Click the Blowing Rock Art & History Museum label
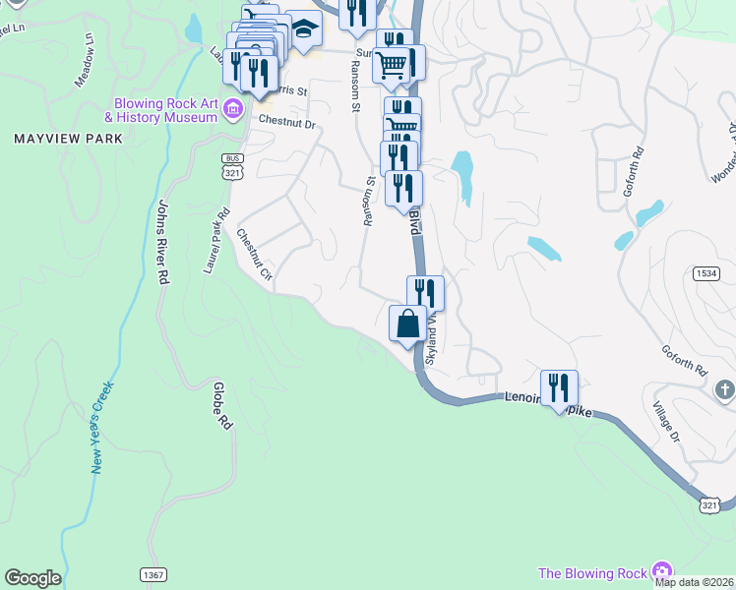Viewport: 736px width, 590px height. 164,110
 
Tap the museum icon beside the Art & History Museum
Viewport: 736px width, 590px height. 232,107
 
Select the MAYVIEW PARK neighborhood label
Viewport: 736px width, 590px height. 69,139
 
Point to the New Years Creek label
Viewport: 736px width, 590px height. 102,428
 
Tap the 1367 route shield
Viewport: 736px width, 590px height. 153,573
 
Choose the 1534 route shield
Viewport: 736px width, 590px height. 704,272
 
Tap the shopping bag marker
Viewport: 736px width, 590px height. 407,324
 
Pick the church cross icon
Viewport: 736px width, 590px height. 725,389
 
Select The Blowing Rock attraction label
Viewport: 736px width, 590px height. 592,573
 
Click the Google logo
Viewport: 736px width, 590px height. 31,578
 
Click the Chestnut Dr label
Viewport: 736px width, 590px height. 286,125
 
